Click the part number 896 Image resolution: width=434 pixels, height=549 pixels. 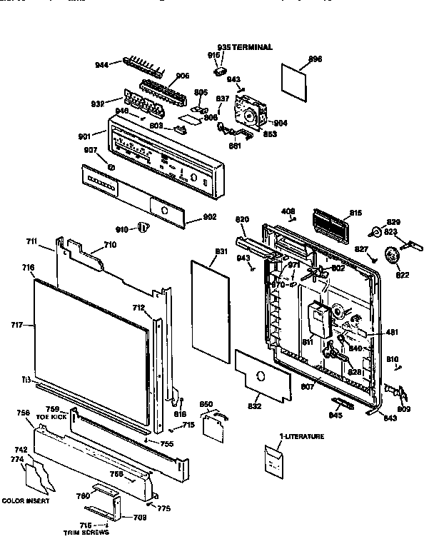pyautogui.click(x=315, y=59)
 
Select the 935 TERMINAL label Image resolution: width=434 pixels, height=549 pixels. pyautogui.click(x=245, y=47)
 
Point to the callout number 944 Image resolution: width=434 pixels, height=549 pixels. pyautogui.click(x=102, y=65)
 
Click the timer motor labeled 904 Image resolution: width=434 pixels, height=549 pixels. pyautogui.click(x=251, y=113)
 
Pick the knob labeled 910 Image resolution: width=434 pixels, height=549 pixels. pyautogui.click(x=143, y=228)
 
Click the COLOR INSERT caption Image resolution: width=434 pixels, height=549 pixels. pyautogui.click(x=26, y=501)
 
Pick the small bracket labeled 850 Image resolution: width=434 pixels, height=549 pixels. pyautogui.click(x=212, y=425)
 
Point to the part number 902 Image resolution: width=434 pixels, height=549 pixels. pyautogui.click(x=209, y=218)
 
